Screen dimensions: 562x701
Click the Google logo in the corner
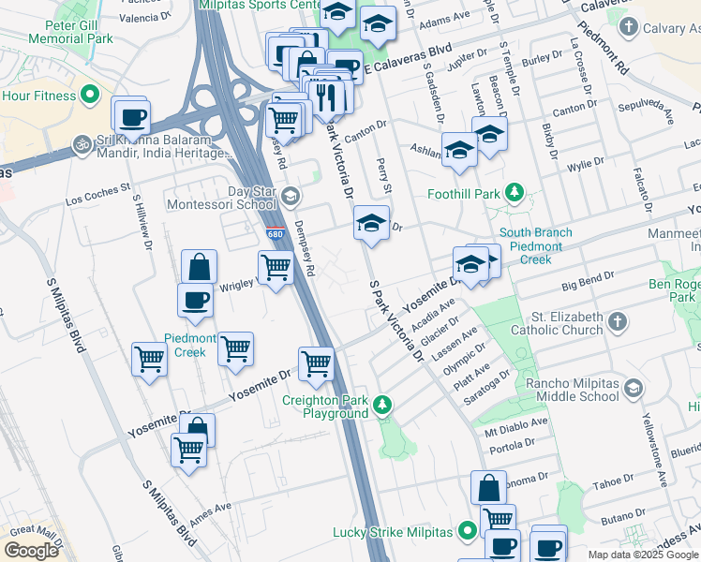click(31, 551)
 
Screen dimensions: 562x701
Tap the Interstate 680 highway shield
click(274, 234)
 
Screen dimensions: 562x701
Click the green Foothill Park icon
click(514, 194)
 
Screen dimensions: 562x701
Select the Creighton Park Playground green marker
click(381, 406)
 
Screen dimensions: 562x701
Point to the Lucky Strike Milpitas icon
click(468, 532)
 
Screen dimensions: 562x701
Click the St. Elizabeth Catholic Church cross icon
click(617, 322)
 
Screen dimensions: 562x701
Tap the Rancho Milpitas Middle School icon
click(634, 389)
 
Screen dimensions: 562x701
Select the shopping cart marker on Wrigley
click(276, 267)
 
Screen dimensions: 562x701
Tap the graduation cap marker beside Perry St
click(372, 223)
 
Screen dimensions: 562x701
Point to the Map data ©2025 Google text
click(643, 555)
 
